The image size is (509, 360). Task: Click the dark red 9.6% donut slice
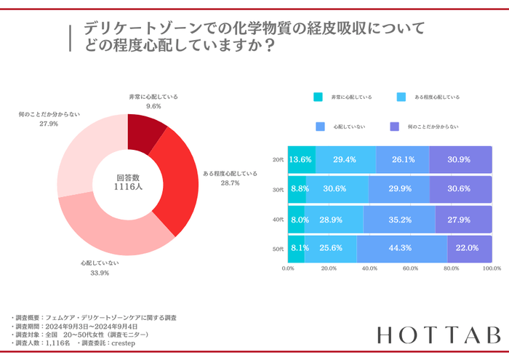(145, 130)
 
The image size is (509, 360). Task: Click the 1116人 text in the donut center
(127, 187)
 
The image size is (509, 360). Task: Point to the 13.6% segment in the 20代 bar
(301, 159)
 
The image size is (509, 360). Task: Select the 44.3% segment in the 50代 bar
(401, 248)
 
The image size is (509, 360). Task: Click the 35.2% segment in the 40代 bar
(399, 219)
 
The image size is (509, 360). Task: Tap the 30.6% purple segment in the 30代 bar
(460, 189)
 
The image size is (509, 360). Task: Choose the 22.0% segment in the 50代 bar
(469, 248)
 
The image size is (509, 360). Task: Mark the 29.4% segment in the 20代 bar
(345, 159)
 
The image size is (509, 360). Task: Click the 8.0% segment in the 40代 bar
(296, 219)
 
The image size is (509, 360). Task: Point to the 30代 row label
(278, 189)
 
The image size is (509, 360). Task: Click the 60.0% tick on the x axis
(410, 268)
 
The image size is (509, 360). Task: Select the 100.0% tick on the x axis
(492, 268)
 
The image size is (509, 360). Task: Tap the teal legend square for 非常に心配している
(318, 97)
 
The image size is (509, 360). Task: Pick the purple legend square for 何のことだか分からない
(395, 127)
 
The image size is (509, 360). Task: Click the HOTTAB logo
(439, 335)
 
